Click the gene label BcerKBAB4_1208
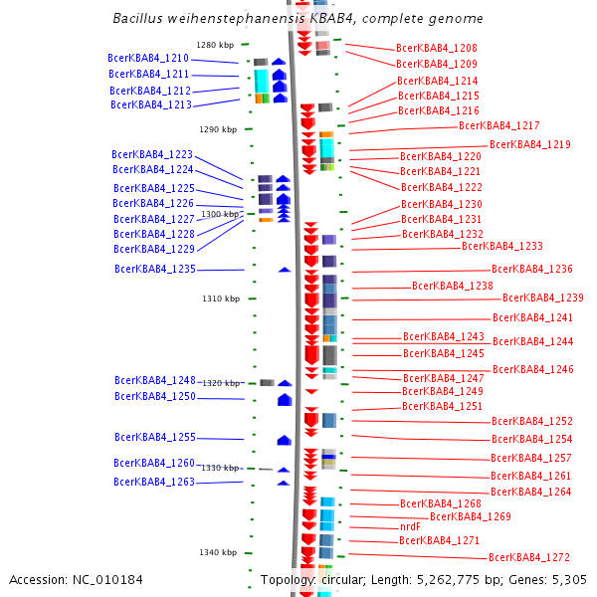436,48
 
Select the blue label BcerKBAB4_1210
148,59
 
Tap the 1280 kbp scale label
215,45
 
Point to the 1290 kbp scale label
218,129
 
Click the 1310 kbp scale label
221,298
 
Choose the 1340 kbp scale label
217,552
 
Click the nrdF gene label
410,526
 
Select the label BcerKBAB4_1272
528,557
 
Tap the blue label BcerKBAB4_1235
154,269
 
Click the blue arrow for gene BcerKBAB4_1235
285,269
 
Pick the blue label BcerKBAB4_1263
153,482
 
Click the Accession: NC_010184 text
76,579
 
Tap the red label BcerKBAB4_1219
529,144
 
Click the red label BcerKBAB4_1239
542,298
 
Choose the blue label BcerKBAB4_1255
154,437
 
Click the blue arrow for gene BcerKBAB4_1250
285,400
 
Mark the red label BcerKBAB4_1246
532,369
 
